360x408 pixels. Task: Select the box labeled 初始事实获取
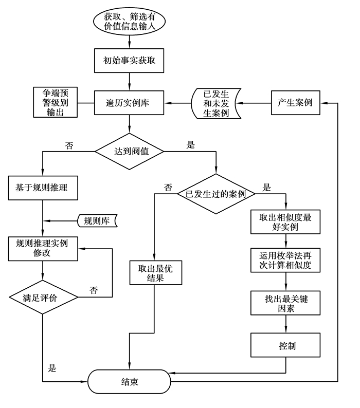click(130, 61)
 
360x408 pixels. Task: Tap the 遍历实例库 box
click(130, 103)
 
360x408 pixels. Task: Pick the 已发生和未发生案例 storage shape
click(216, 103)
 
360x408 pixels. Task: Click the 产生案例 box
click(295, 103)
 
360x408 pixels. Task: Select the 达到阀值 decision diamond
click(130, 151)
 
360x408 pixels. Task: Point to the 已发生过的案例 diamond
click(216, 194)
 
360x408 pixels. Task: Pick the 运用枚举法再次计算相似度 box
click(285, 261)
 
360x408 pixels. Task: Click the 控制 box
click(285, 345)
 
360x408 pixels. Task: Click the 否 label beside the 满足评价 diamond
click(94, 290)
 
